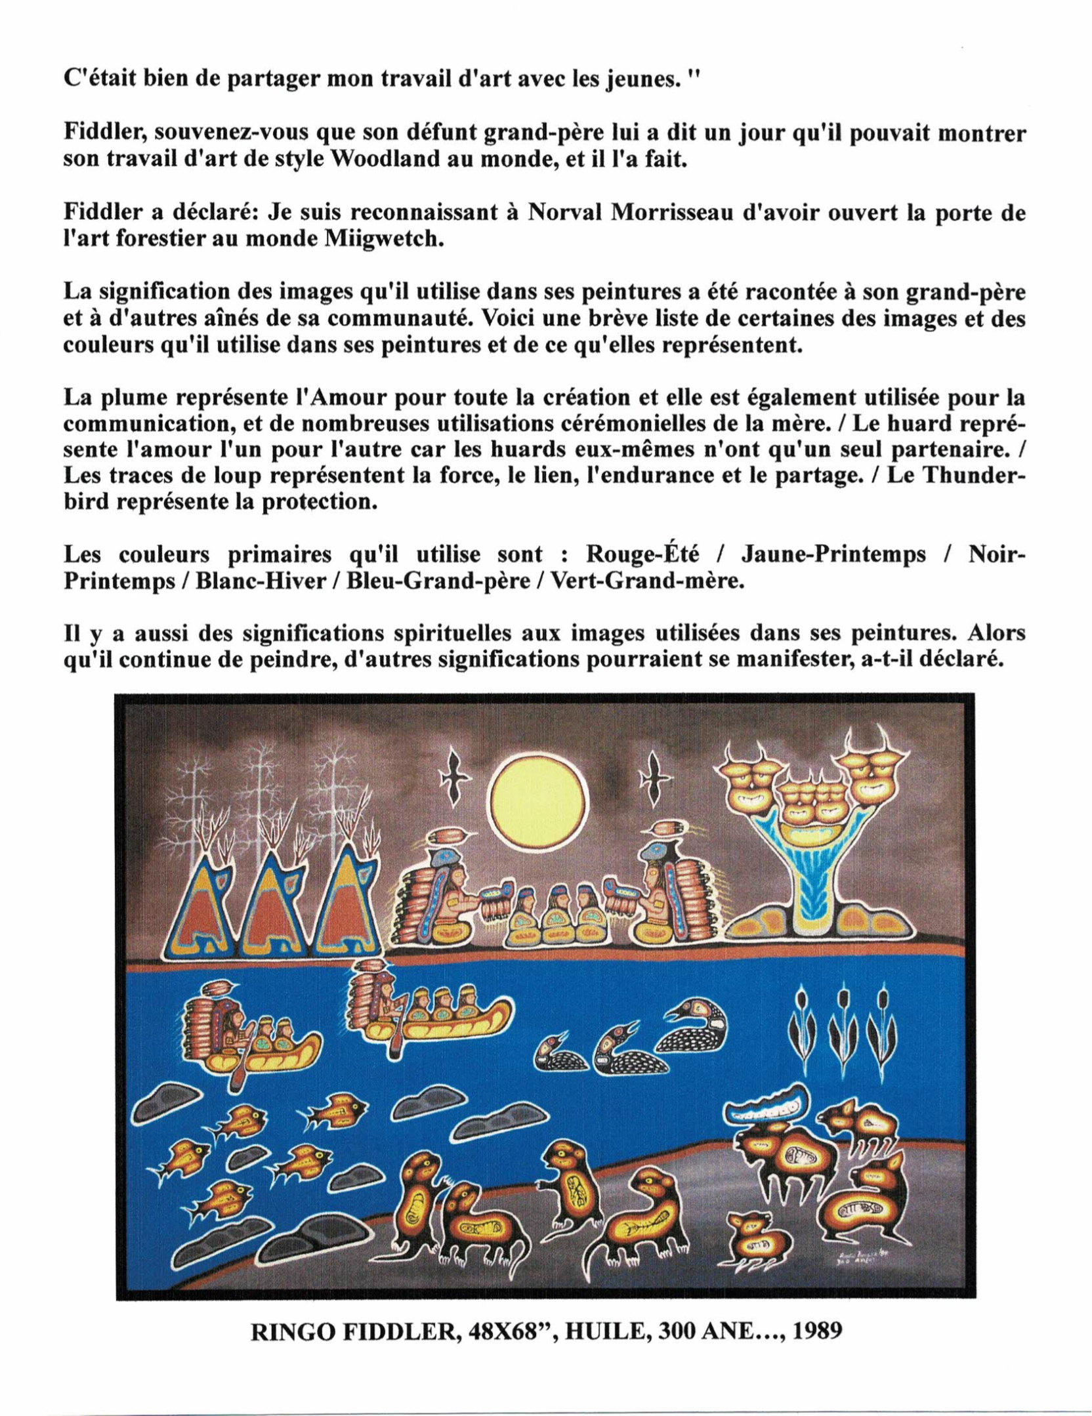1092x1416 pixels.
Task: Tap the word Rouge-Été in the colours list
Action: pos(642,555)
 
